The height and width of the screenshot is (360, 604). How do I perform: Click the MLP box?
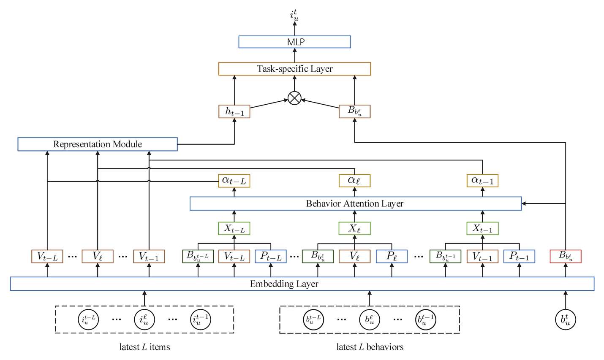(294, 42)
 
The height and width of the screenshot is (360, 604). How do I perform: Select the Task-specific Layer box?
(294, 69)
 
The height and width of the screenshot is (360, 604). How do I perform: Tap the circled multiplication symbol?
(294, 99)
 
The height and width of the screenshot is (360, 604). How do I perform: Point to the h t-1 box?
(234, 111)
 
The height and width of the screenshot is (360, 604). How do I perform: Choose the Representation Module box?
(98, 144)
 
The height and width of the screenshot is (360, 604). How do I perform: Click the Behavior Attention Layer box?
(355, 203)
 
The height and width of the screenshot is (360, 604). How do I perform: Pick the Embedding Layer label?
(284, 284)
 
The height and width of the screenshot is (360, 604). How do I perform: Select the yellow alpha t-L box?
(234, 181)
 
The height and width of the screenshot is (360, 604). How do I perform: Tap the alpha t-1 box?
(482, 181)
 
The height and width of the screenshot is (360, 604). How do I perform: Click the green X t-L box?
(234, 229)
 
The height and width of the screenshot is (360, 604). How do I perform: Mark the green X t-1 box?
(482, 229)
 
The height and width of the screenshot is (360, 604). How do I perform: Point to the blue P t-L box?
(271, 256)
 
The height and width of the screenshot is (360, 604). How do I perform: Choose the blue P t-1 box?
(519, 256)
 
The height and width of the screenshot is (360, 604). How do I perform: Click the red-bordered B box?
(566, 256)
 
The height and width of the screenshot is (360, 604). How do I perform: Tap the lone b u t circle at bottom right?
(566, 319)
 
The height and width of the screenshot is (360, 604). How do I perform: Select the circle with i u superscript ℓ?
(144, 319)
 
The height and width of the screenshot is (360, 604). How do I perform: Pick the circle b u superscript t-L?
(313, 319)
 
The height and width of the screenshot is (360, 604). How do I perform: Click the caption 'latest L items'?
(144, 347)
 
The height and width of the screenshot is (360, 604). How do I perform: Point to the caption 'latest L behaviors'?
(370, 347)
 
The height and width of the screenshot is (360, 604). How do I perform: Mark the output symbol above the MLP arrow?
(294, 15)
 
